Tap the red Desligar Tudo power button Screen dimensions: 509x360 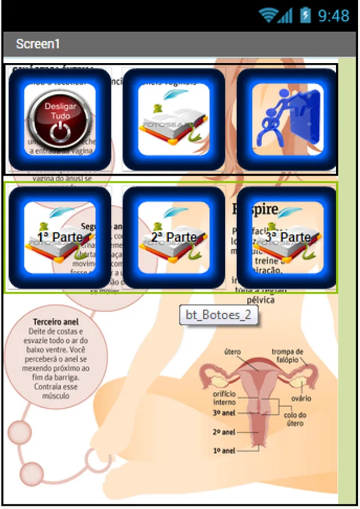coord(59,119)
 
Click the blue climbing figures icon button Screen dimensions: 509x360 coord(287,119)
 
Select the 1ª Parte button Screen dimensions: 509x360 coord(59,237)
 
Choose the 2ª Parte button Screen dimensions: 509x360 coord(173,237)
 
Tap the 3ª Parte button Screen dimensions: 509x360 coord(287,237)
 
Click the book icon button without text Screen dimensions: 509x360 coord(173,119)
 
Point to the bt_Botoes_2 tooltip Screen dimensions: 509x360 coord(218,315)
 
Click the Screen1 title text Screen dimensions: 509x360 coord(37,44)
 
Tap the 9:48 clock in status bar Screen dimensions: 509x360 coord(333,15)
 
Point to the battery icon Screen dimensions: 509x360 coord(306,15)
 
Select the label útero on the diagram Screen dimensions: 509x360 coord(233,352)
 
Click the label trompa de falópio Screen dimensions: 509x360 coord(287,355)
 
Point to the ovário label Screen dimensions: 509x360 coord(301,398)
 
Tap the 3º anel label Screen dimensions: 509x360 coord(224,413)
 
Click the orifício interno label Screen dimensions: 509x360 coord(224,398)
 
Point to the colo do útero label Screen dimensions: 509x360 coord(295,419)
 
